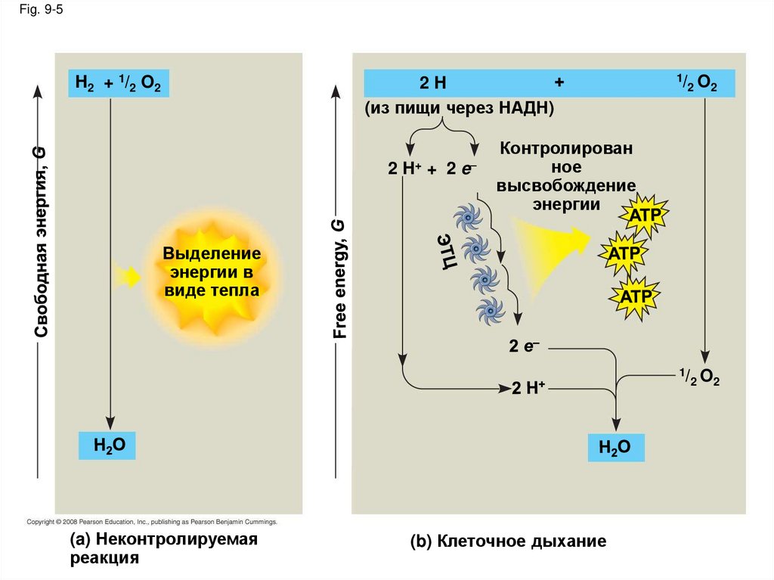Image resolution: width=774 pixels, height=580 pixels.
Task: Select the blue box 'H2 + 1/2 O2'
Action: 119,83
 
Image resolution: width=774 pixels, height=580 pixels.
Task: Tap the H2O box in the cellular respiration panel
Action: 616,448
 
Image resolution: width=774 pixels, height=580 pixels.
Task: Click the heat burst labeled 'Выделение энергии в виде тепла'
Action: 212,271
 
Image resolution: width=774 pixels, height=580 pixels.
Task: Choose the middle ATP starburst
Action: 624,253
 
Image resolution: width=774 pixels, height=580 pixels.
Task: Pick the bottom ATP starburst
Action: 635,294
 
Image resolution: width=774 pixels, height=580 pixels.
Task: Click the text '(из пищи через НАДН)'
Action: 460,109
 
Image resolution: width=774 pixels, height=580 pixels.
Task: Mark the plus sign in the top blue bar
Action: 559,82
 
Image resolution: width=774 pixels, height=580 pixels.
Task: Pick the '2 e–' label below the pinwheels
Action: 524,346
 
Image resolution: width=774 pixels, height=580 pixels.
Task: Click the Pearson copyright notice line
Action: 152,522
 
